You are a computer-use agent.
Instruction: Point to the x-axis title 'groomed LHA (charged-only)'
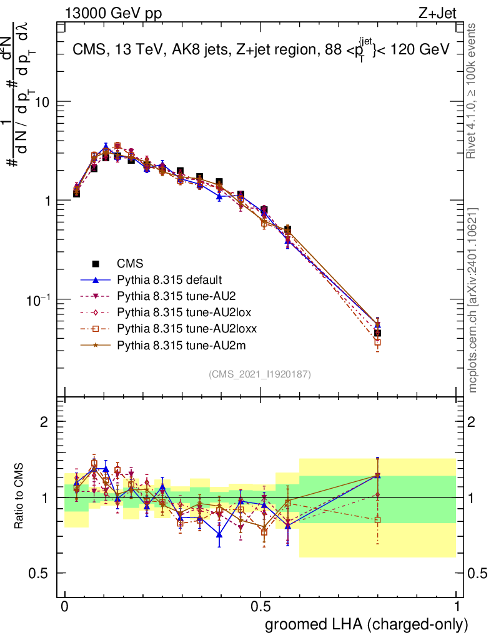click(x=367, y=624)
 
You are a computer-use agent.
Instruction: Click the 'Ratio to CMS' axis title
click(x=20, y=497)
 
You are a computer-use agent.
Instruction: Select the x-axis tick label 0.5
click(x=260, y=607)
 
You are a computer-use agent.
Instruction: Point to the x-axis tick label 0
click(x=65, y=607)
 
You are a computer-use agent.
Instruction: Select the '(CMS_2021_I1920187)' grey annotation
click(x=259, y=374)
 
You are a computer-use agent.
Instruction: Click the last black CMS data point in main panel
click(x=377, y=332)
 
